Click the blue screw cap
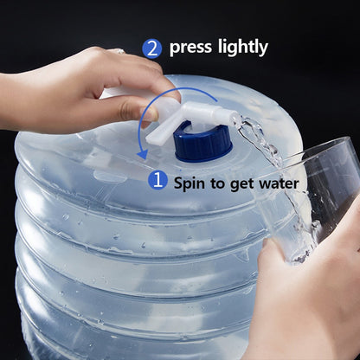coord(203,144)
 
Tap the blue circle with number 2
coord(151,48)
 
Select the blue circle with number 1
coord(157,180)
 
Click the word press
coord(190,48)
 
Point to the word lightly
coord(243,48)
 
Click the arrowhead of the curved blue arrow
coord(143,154)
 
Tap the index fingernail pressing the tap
coord(150,114)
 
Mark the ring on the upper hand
coord(119,51)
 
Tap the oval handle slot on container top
coord(110,177)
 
